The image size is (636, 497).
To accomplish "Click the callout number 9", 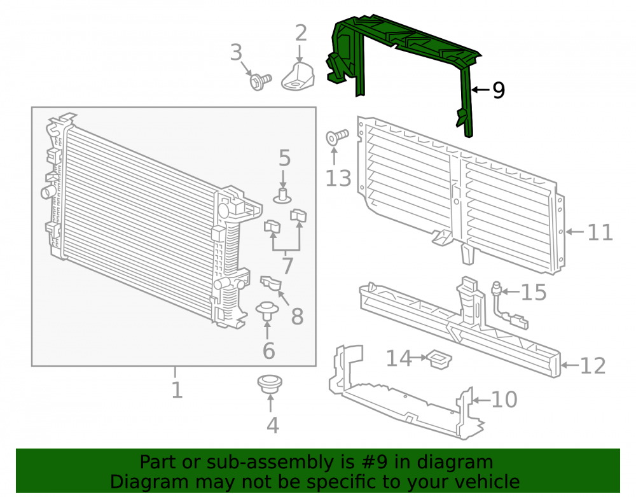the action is pyautogui.click(x=499, y=90).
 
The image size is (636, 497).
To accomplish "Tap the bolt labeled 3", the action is pyautogui.click(x=260, y=81).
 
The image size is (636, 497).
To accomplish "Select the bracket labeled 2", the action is pyautogui.click(x=298, y=76).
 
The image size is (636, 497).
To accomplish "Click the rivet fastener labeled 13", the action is pyautogui.click(x=337, y=137).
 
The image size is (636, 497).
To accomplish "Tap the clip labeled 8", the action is pyautogui.click(x=271, y=283).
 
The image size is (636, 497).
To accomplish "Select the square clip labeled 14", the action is pyautogui.click(x=439, y=359).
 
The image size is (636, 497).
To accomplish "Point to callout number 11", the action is pyautogui.click(x=600, y=233).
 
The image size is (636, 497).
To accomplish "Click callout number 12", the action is pyautogui.click(x=593, y=365).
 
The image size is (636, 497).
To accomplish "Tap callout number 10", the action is pyautogui.click(x=504, y=400).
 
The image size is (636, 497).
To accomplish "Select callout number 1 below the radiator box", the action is pyautogui.click(x=177, y=390).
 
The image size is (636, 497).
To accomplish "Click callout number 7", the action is pyautogui.click(x=287, y=266).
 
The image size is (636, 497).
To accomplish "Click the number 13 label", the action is pyautogui.click(x=338, y=178).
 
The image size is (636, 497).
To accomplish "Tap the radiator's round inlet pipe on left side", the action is pyautogui.click(x=48, y=192).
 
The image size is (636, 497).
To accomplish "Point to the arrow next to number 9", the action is pyautogui.click(x=480, y=90).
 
